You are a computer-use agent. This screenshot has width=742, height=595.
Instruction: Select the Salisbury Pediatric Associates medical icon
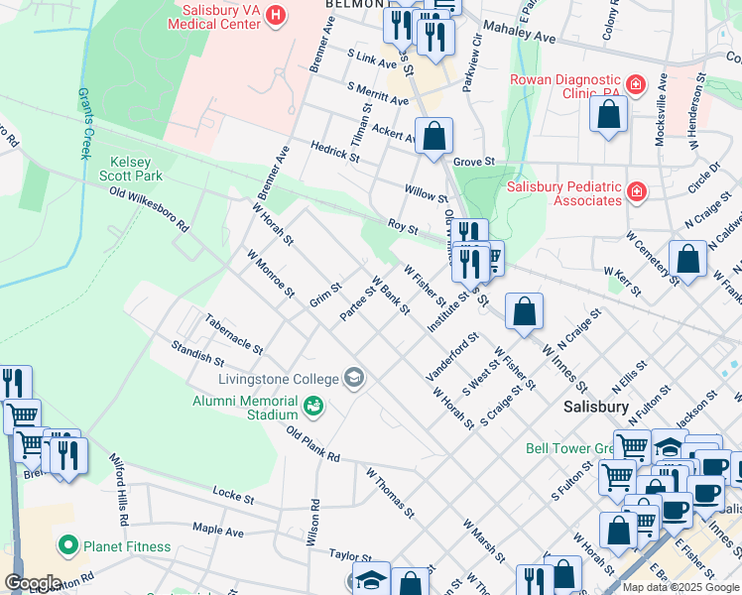[x=635, y=191]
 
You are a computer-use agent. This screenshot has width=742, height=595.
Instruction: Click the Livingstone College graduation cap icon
[x=353, y=377]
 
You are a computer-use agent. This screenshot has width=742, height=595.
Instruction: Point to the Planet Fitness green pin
[x=67, y=545]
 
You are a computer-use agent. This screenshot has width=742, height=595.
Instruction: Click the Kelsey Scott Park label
[x=135, y=168]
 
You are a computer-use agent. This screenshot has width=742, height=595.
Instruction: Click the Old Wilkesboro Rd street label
[x=149, y=209]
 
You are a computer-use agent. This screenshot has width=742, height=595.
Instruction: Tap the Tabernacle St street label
[x=234, y=335]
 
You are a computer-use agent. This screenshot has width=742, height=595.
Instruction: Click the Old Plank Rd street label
[x=313, y=444]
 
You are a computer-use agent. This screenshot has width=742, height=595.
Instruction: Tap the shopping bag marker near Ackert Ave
[x=434, y=137]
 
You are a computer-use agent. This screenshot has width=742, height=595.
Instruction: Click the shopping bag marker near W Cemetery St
[x=687, y=260]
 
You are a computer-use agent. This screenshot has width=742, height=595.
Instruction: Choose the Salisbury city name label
[x=595, y=407]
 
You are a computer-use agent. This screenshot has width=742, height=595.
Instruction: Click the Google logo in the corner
[x=32, y=583]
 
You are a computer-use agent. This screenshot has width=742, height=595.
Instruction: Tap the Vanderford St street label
[x=452, y=362]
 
